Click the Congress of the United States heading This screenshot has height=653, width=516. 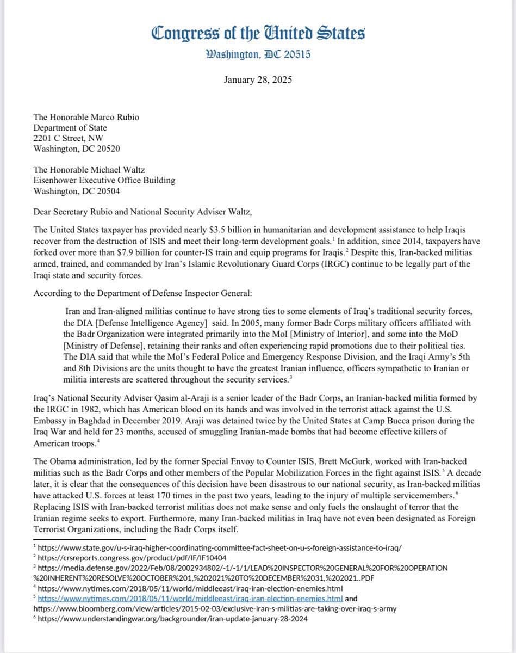tap(258, 34)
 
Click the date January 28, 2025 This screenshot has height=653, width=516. tap(258, 79)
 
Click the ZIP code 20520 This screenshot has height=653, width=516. tap(108, 148)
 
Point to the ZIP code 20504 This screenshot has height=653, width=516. tap(108, 191)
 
